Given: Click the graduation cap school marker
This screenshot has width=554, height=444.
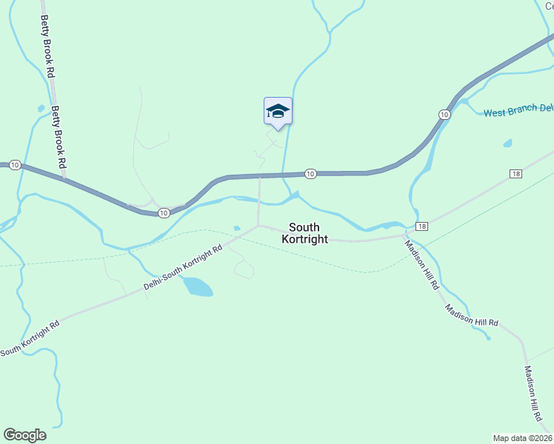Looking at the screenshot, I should click(x=278, y=112).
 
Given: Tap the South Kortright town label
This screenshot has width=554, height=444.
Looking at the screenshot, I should click(x=304, y=233).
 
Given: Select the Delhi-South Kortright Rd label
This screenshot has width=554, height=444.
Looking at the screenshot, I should click(x=182, y=269).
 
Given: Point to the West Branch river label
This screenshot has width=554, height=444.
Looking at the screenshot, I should click(x=518, y=110).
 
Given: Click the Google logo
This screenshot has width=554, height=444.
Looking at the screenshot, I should click(x=24, y=435).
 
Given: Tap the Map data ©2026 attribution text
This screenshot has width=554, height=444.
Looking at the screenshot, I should click(x=523, y=437).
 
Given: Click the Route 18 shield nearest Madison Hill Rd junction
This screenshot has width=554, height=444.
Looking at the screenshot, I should click(x=421, y=226).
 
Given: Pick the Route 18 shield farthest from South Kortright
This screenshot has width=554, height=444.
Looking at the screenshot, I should click(x=515, y=174).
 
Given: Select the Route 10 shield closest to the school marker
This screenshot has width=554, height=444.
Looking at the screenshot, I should click(x=310, y=174).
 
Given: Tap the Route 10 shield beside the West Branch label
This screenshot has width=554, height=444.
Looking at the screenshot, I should click(x=444, y=114).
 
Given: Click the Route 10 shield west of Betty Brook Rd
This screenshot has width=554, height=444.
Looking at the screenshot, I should click(x=15, y=165).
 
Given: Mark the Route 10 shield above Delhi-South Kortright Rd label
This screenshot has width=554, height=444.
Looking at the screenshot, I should click(x=163, y=213).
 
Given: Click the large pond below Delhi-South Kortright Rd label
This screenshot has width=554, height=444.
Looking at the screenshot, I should click(x=198, y=286).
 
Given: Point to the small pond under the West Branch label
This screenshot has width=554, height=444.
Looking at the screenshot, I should click(x=507, y=143).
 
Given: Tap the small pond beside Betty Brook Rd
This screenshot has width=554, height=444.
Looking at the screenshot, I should click(x=40, y=108).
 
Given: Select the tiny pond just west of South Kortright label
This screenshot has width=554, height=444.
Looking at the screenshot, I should click(x=236, y=228).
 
